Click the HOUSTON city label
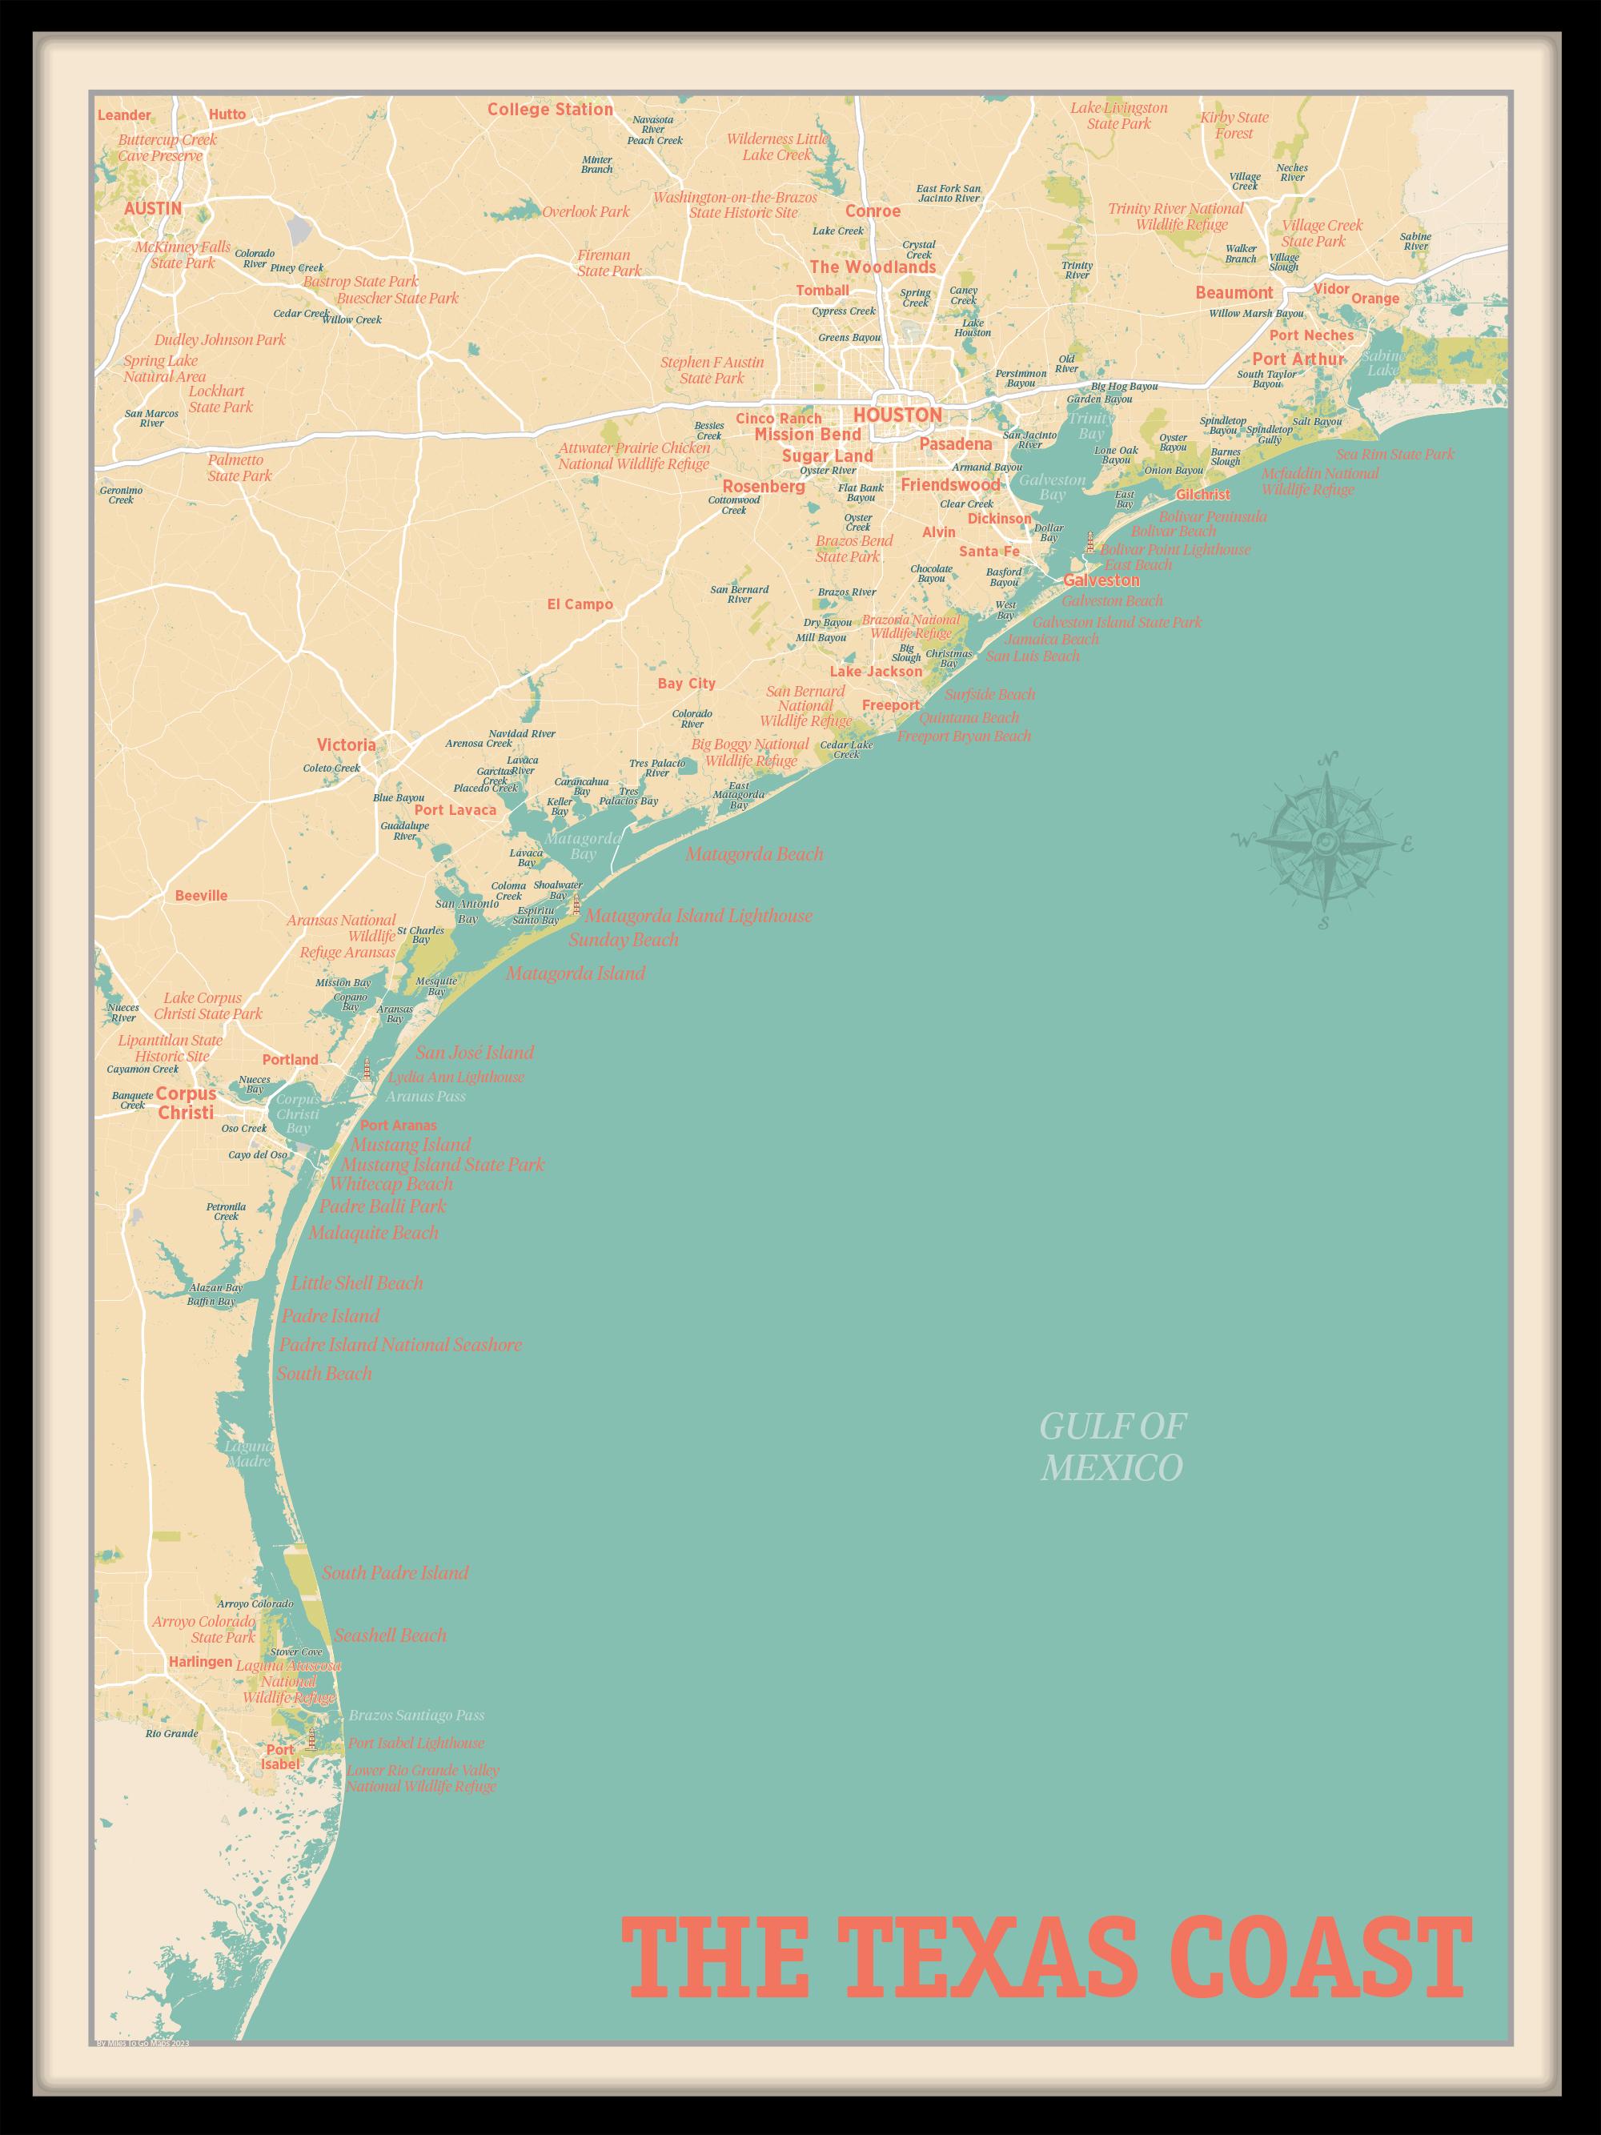(897, 415)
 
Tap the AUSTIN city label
(152, 208)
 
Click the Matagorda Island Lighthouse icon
(576, 905)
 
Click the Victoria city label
(346, 745)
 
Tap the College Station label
(549, 110)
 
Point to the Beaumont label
(1234, 292)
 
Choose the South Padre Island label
(395, 1572)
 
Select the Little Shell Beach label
(357, 1282)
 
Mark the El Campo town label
(580, 605)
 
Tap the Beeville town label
(201, 896)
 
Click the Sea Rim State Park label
(1394, 455)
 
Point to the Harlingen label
(200, 1662)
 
